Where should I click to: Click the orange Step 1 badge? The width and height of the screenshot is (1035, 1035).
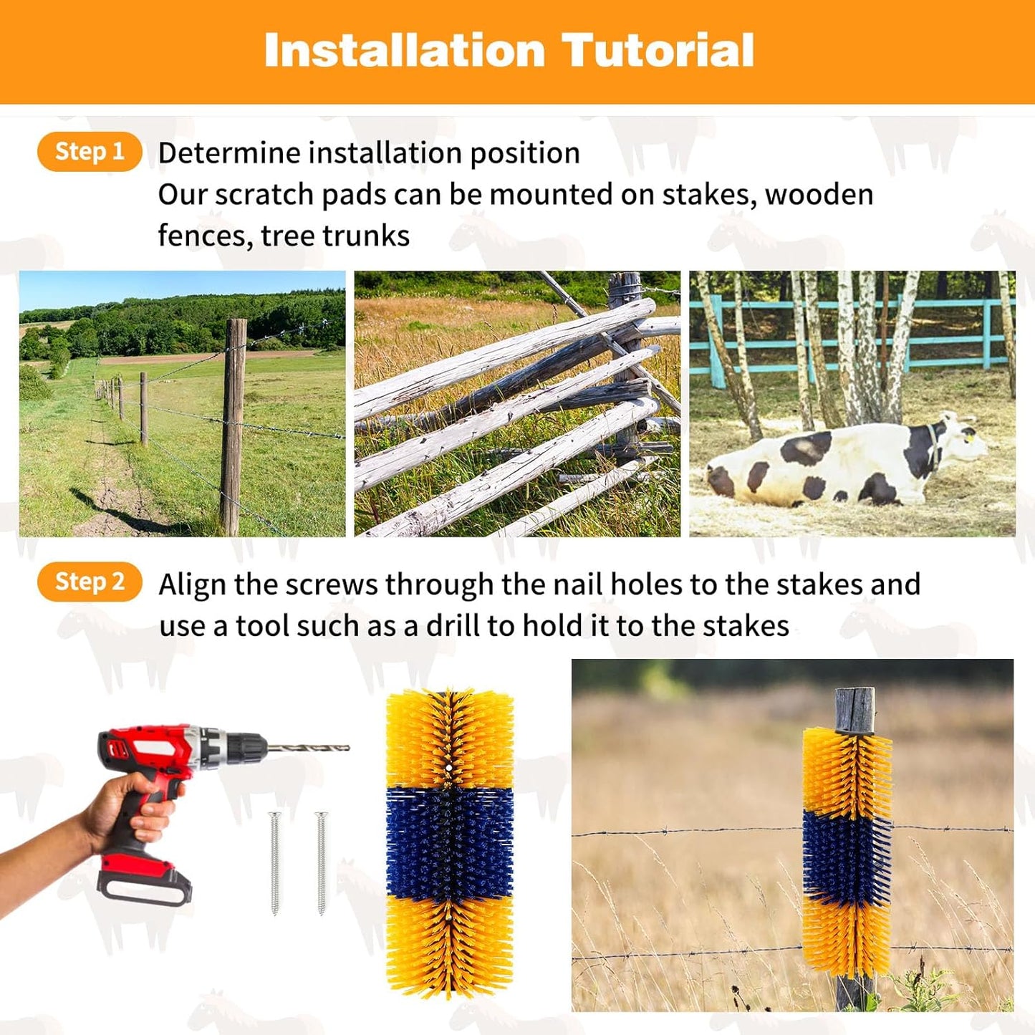(x=90, y=152)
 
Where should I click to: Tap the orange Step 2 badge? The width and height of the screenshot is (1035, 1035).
(x=90, y=582)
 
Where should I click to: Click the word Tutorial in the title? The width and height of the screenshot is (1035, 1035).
(x=657, y=51)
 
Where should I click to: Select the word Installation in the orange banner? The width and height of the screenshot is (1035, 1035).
(x=405, y=51)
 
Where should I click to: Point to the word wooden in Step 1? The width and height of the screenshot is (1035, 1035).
(x=819, y=195)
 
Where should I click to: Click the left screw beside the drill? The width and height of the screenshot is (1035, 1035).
(x=275, y=863)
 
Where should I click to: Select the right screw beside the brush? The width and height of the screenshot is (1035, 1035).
(x=321, y=863)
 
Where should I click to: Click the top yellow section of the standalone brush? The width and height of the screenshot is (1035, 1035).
(x=449, y=738)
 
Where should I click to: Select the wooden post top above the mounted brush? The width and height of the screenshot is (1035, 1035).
(x=854, y=709)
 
